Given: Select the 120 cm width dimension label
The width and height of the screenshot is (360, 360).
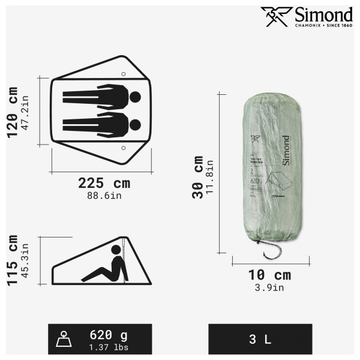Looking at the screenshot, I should (x=13, y=110).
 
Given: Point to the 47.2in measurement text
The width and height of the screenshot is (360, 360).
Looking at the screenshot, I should (x=26, y=110).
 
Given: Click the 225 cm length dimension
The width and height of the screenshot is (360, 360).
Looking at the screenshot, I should (x=104, y=183).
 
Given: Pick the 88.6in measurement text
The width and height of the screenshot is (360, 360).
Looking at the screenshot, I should (x=104, y=194).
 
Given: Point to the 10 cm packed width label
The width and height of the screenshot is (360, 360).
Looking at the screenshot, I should (x=269, y=275).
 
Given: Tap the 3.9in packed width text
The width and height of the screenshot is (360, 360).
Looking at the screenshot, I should (x=269, y=287).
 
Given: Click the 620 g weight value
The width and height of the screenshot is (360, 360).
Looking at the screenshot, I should (x=109, y=335).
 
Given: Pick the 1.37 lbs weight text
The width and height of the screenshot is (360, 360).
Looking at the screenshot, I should (x=109, y=346).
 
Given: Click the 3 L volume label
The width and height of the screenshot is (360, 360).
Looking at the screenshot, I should (x=260, y=340).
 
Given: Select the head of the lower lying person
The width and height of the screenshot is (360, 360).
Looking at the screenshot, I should (x=135, y=124).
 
